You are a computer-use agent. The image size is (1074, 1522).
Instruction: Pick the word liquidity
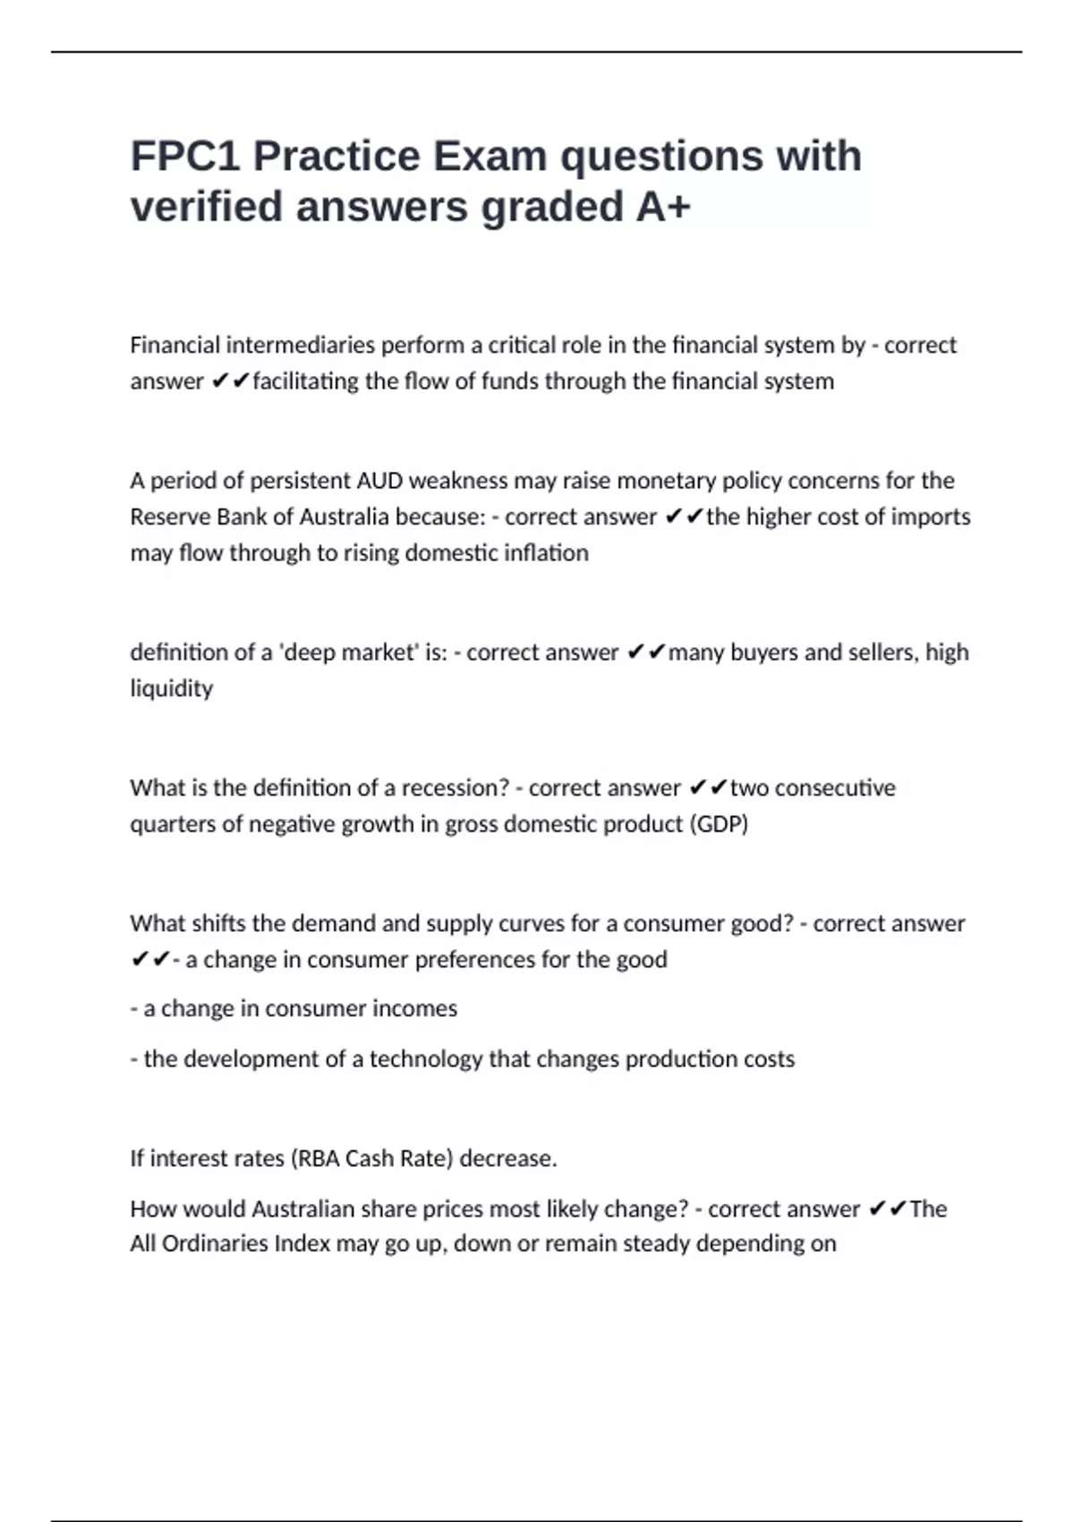[172, 688]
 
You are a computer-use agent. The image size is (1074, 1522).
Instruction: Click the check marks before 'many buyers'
[645, 653]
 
